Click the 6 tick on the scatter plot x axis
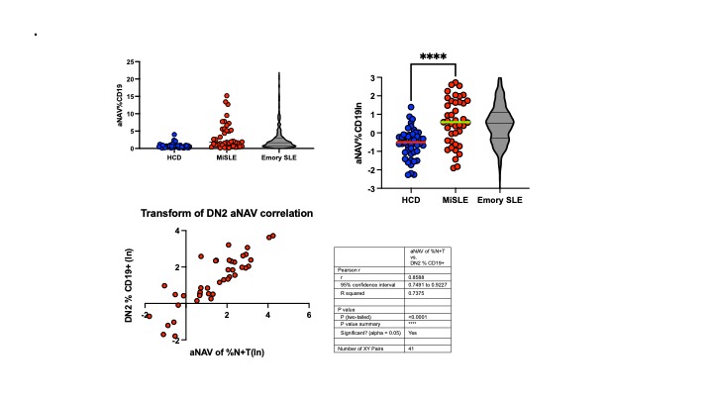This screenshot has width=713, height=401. tap(309, 315)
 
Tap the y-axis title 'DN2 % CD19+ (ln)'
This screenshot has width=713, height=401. tap(128, 275)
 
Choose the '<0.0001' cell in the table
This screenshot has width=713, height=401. tap(418, 315)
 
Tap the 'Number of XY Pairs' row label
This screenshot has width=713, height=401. tap(361, 350)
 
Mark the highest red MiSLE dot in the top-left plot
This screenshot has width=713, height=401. tap(227, 95)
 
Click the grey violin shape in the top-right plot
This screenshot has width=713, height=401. tap(500, 129)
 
